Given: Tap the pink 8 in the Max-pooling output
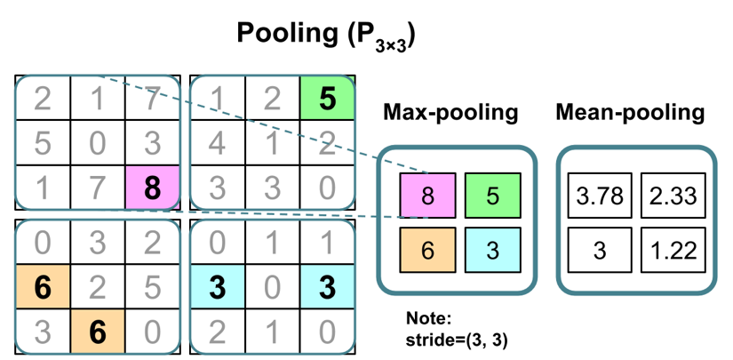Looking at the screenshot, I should [428, 196].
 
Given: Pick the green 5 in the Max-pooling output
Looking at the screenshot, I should [492, 196].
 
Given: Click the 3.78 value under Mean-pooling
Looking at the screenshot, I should [599, 196].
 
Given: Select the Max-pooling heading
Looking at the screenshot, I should [450, 113].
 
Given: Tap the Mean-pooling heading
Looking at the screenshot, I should [630, 113].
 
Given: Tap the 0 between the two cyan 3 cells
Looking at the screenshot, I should [272, 287].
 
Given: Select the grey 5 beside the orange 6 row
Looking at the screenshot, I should [153, 287].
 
